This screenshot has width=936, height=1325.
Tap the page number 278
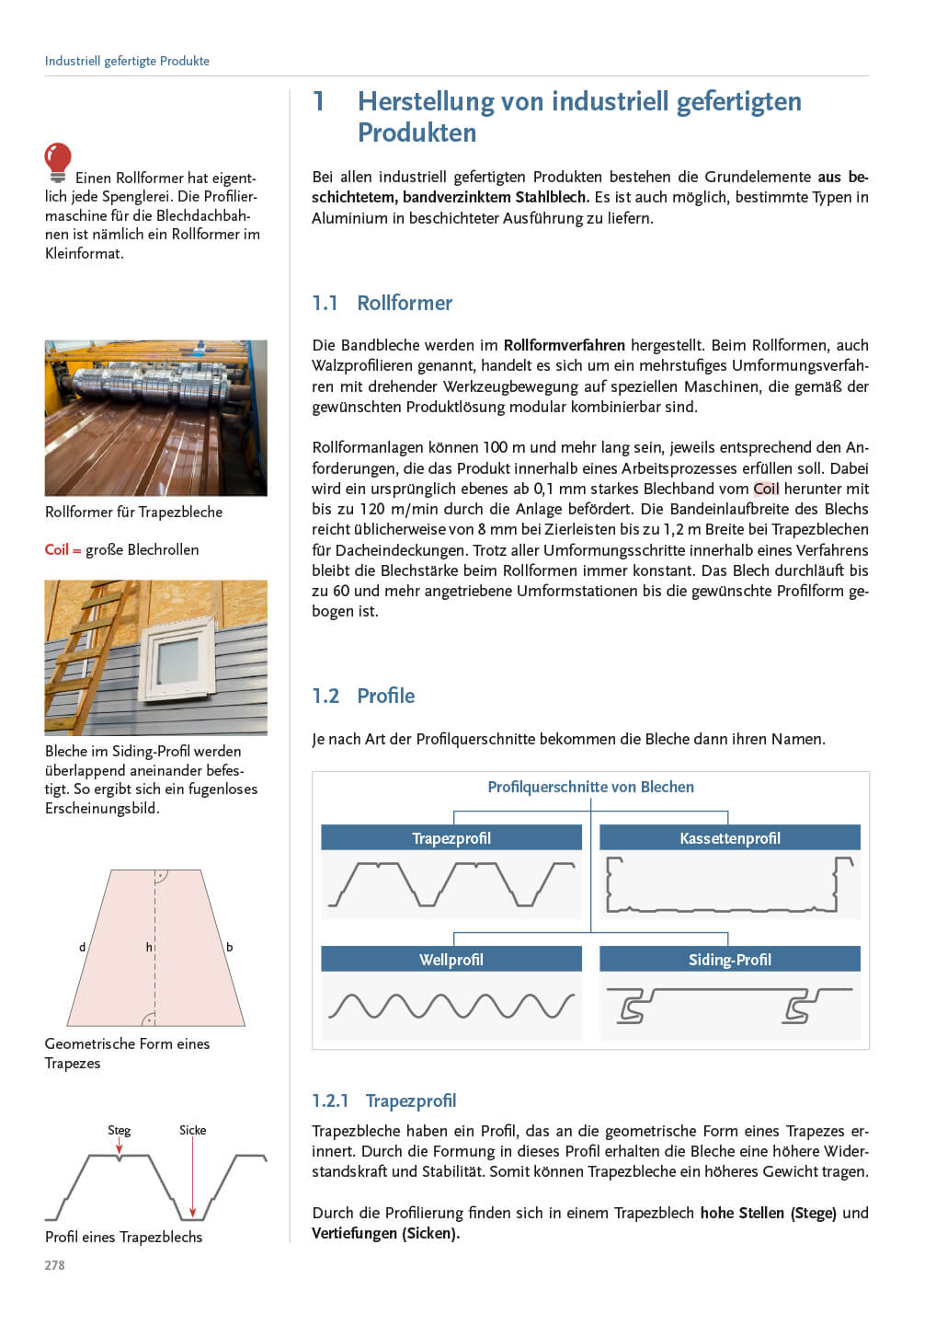[x=55, y=1265]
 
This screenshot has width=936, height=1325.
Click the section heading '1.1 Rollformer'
[x=382, y=303]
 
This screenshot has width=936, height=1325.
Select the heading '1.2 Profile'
[x=363, y=696]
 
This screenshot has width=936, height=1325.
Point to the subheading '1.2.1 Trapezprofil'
[x=383, y=1100]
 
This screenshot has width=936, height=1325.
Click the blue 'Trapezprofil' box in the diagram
[x=451, y=837]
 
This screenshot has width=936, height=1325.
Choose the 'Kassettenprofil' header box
[x=729, y=837]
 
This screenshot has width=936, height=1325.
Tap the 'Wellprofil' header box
[x=451, y=959]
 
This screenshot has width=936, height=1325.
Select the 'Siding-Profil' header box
[x=729, y=959]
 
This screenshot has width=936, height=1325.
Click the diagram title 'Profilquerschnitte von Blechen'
[x=590, y=787]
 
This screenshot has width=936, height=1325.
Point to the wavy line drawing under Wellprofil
[x=451, y=1006]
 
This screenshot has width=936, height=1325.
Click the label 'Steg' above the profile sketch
[x=119, y=1130]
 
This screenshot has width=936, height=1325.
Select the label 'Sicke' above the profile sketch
[x=192, y=1130]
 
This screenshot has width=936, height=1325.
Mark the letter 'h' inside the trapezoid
[x=148, y=947]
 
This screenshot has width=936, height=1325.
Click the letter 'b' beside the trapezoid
[x=229, y=947]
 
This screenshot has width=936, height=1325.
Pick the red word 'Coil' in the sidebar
[x=56, y=549]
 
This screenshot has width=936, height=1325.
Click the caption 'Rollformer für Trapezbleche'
[x=133, y=512]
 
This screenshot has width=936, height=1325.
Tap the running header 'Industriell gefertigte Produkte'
[x=127, y=61]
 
